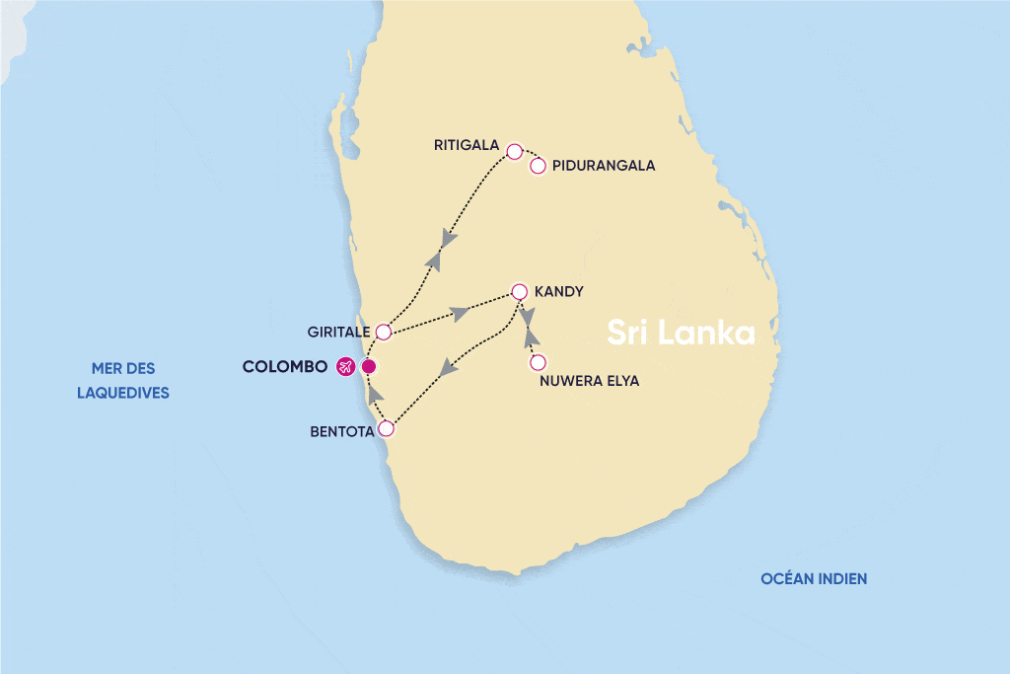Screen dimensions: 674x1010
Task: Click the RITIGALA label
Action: pyautogui.click(x=467, y=145)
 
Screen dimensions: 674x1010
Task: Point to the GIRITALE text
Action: pyautogui.click(x=339, y=332)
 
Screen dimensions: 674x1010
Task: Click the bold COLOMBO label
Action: pyautogui.click(x=284, y=367)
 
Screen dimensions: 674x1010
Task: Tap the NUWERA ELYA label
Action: pyautogui.click(x=590, y=381)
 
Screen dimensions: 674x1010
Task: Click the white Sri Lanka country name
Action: pyautogui.click(x=681, y=333)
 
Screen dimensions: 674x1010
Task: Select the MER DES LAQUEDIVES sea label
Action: pyautogui.click(x=123, y=380)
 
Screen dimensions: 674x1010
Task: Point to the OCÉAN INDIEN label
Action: pyautogui.click(x=814, y=579)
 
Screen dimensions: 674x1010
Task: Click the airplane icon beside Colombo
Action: pyautogui.click(x=345, y=367)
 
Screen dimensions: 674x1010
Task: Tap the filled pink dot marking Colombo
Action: pyautogui.click(x=369, y=367)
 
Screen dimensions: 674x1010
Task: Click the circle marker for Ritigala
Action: pyautogui.click(x=514, y=151)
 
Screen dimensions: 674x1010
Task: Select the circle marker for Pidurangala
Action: pyautogui.click(x=538, y=166)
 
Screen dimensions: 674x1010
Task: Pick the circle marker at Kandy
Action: pyautogui.click(x=520, y=292)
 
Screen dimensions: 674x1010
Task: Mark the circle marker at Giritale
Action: pyautogui.click(x=385, y=332)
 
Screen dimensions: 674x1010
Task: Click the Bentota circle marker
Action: pyautogui.click(x=387, y=429)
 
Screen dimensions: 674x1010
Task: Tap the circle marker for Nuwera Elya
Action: pyautogui.click(x=538, y=362)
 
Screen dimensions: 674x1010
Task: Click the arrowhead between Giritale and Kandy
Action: pyautogui.click(x=459, y=314)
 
